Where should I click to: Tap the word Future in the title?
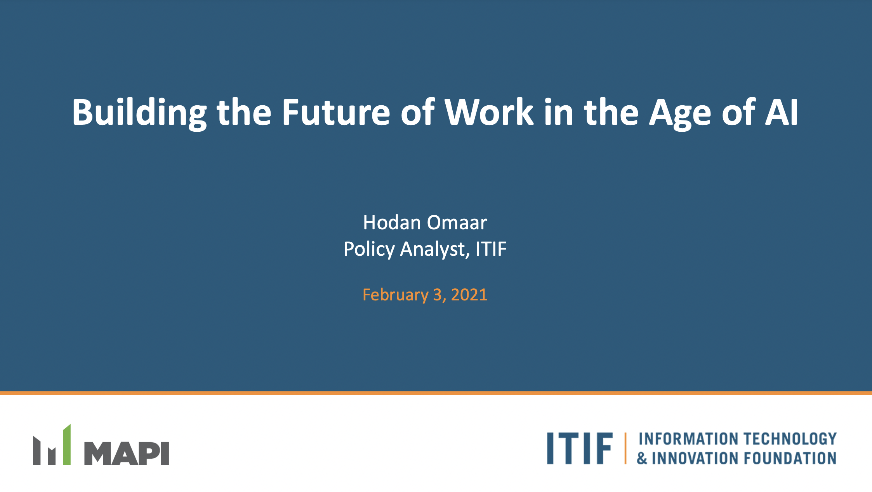(x=336, y=112)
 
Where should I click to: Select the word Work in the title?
(x=489, y=112)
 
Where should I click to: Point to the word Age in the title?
(x=680, y=114)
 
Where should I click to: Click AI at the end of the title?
(x=782, y=112)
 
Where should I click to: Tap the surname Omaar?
(x=457, y=223)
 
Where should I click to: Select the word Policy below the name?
(x=369, y=249)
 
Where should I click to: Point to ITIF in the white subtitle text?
(x=491, y=249)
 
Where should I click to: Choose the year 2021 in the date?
(x=469, y=295)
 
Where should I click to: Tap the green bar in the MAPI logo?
(x=67, y=445)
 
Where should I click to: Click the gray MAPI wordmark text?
(x=127, y=454)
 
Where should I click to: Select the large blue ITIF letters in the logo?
(x=580, y=448)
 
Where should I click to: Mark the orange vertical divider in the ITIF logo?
(x=625, y=448)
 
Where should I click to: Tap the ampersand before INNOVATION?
(x=642, y=459)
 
